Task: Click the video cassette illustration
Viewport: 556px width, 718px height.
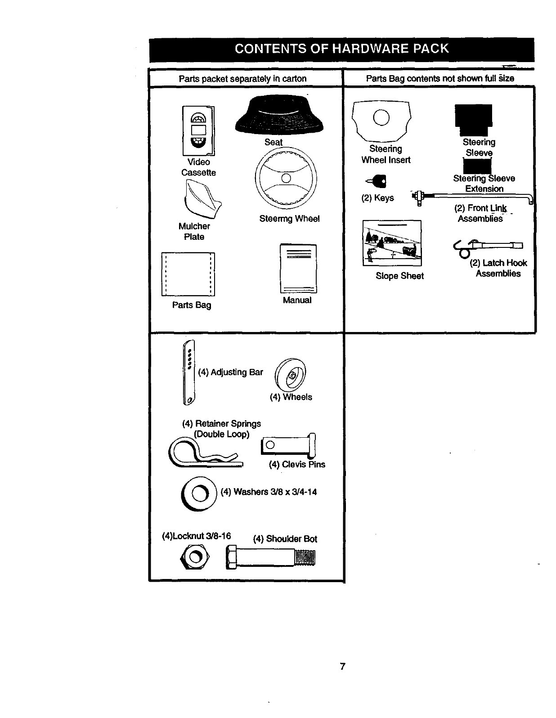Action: click(198, 131)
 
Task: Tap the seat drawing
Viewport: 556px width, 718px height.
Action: click(280, 115)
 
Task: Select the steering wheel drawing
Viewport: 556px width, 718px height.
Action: click(286, 178)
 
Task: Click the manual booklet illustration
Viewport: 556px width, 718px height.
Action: click(298, 269)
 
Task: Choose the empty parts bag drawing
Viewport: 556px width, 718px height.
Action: click(188, 274)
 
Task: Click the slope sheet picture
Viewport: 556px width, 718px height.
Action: click(392, 243)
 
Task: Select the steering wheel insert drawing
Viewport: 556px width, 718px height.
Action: click(382, 119)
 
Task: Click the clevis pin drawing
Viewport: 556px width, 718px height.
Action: click(288, 445)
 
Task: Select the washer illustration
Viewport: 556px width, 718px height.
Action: click(198, 494)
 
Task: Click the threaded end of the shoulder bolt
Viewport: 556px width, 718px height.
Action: click(305, 557)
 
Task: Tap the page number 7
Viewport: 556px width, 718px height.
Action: click(343, 666)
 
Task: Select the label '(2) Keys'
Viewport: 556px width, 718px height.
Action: click(377, 198)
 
